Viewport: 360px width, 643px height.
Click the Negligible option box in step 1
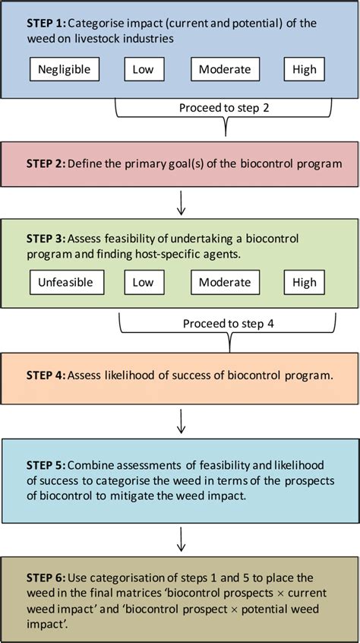[x=65, y=69]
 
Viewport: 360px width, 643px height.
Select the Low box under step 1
[x=144, y=69]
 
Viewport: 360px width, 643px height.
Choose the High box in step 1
[x=304, y=69]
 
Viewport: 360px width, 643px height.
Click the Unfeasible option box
[x=65, y=282]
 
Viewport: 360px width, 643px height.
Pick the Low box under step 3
[x=144, y=282]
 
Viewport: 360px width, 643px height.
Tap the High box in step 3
[x=304, y=282]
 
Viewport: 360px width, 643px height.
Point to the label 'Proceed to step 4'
[x=229, y=323]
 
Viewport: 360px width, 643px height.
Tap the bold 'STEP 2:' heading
[x=46, y=163]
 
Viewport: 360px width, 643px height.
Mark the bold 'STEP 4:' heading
[x=46, y=375]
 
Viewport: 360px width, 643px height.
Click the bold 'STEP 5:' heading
[x=46, y=464]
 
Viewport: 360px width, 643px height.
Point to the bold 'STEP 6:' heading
[x=46, y=578]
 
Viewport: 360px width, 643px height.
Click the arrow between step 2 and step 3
[x=181, y=202]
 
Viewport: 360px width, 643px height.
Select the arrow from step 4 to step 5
[x=181, y=418]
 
